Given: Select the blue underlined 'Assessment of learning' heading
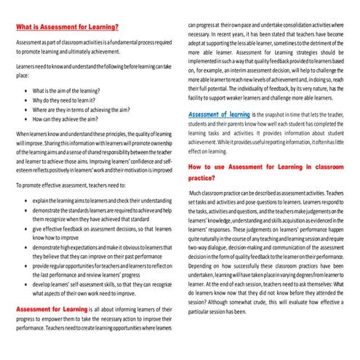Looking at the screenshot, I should (218, 115).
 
